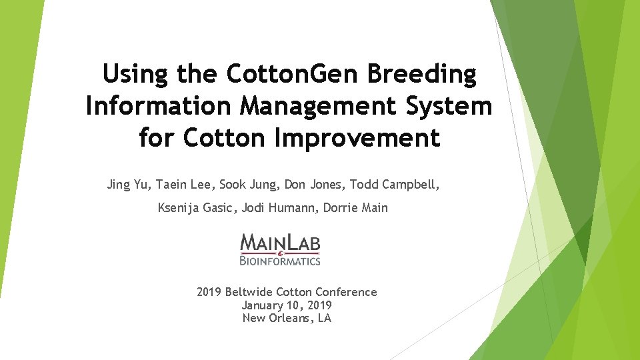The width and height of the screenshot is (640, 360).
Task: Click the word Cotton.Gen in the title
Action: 287,75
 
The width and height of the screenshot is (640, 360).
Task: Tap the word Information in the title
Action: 155,106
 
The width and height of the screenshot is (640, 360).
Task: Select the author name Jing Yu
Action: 129,185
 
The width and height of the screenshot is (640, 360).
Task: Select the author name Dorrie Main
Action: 355,208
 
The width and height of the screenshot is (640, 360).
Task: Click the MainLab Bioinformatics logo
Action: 281,249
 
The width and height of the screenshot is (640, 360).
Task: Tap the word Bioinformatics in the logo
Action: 281,261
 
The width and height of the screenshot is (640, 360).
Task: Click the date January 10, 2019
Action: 287,305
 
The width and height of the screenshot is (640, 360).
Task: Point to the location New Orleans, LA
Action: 287,318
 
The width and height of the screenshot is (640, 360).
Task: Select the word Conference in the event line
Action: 346,292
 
